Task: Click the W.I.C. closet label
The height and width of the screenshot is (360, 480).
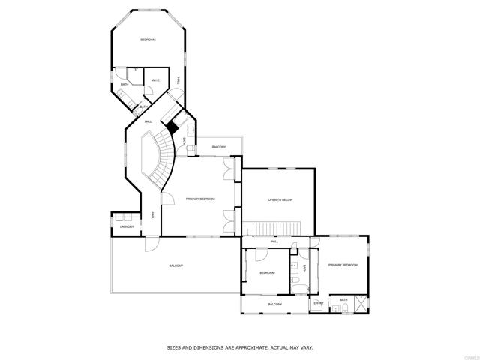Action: point(155,80)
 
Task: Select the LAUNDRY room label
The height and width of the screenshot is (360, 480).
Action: point(127,226)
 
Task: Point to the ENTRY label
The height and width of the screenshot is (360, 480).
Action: point(319,303)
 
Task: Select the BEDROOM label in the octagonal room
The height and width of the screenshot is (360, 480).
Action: point(148,40)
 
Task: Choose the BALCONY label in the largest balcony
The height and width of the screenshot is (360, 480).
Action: point(175,266)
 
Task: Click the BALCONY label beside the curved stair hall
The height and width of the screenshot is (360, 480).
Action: point(218,147)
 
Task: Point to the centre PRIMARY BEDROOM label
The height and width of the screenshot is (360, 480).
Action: point(200,199)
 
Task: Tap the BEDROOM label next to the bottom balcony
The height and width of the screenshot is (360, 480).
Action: point(267,272)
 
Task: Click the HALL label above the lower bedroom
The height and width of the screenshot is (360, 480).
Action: point(274,241)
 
